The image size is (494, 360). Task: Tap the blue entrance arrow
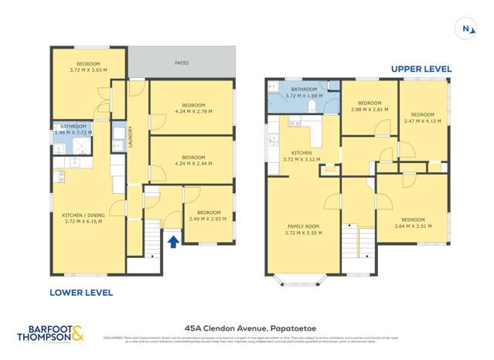173,242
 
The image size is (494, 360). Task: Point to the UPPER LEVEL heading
421,69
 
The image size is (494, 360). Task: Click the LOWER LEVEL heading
81,293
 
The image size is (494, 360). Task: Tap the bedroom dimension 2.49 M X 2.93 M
208,219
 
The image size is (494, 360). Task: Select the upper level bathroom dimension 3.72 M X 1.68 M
302,95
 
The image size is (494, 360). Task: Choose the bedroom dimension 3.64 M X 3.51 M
412,226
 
